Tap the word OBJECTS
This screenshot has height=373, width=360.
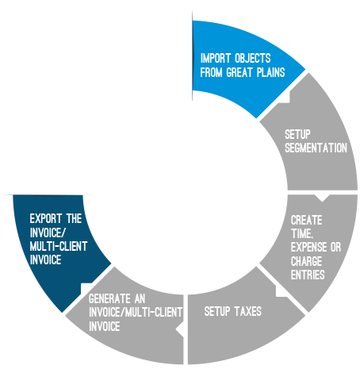(x=253, y=59)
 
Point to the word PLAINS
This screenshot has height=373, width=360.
(x=271, y=72)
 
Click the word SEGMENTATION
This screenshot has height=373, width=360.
(x=316, y=148)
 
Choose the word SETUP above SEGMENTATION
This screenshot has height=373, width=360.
(x=297, y=134)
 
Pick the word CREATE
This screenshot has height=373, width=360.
(x=307, y=220)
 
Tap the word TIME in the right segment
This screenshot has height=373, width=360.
(x=302, y=234)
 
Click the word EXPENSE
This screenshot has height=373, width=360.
(x=308, y=248)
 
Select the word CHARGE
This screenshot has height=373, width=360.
(x=307, y=261)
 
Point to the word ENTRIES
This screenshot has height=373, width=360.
(x=308, y=275)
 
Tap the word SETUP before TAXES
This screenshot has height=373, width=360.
(x=217, y=311)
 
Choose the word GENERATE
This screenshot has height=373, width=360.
(x=109, y=299)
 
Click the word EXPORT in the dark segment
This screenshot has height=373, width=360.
(x=46, y=219)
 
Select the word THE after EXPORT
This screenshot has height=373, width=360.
(x=74, y=219)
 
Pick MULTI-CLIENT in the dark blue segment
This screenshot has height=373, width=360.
(x=59, y=246)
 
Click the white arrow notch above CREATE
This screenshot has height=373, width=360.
(x=322, y=198)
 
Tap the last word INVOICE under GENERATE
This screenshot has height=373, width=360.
(x=105, y=326)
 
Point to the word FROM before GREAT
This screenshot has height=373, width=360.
(x=211, y=72)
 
